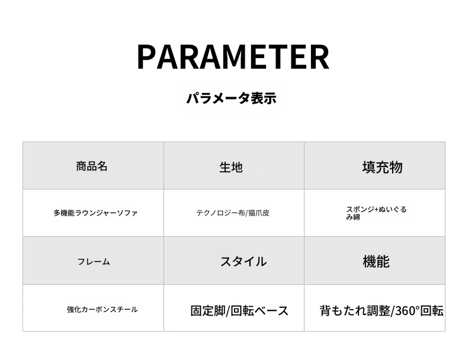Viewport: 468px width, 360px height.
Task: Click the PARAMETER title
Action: coord(233,57)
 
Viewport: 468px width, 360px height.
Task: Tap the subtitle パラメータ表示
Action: coord(232,98)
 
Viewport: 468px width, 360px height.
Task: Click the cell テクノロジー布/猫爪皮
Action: coord(233,213)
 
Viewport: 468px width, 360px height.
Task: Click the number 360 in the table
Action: coord(405,311)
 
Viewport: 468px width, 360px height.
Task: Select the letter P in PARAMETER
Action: coord(146,57)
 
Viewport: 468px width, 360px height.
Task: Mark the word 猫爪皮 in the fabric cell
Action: coord(259,213)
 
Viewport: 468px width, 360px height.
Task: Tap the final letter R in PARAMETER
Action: coord(320,57)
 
